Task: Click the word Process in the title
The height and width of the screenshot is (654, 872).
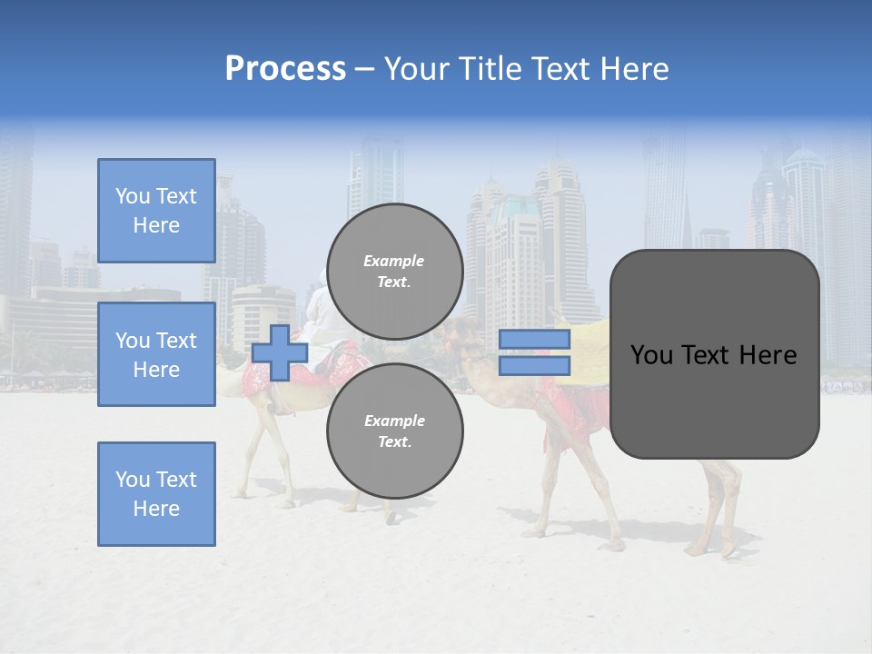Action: tap(285, 69)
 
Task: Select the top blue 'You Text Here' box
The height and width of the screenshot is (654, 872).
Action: tap(156, 211)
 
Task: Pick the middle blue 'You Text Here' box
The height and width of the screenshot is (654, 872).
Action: tap(156, 354)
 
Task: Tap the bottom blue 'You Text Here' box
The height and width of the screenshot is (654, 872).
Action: tap(156, 494)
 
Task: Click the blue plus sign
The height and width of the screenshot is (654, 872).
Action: tap(280, 352)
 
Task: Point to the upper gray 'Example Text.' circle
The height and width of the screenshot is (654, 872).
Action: tap(394, 271)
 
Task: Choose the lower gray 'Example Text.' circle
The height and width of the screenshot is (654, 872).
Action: tap(394, 431)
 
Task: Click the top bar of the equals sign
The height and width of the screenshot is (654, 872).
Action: tap(534, 339)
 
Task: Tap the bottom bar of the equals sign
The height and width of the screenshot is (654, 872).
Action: tap(534, 365)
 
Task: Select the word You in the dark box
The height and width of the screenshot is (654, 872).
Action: tap(650, 355)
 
